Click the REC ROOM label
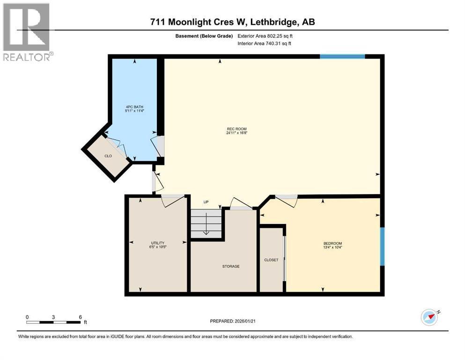coord(236,129)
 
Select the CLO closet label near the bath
coord(108,156)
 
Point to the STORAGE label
coord(231,266)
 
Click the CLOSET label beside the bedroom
coord(271,260)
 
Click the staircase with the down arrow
coord(206,224)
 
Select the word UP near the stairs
coord(206,202)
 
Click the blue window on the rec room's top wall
coord(342,57)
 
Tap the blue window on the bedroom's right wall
coord(382,246)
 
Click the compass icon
coord(429,317)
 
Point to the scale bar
coord(53,322)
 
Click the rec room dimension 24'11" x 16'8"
coord(236,133)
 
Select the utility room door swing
coord(172,201)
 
